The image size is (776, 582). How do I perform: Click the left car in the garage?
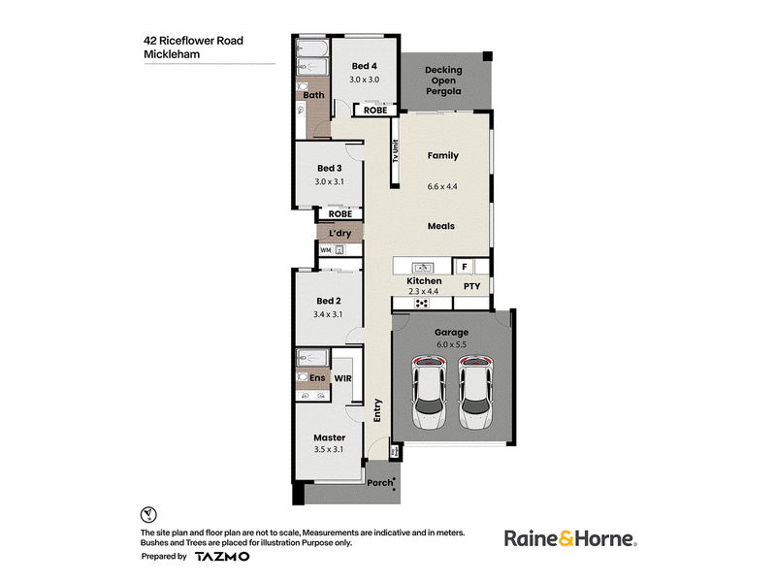429,393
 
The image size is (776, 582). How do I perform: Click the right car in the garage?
475,393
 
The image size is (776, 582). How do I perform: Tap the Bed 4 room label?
365,66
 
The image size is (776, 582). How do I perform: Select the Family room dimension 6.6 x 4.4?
442,186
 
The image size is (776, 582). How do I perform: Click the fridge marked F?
465,267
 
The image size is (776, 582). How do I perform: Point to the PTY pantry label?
471,286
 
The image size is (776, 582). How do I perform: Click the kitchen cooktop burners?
422,303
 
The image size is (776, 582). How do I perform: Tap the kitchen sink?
423,268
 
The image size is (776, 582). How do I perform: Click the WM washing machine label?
325,250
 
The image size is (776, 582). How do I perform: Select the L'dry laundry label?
340,233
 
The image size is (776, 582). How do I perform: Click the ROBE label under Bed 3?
340,213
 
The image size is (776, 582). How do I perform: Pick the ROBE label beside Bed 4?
375,111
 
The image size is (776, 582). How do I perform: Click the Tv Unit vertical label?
395,151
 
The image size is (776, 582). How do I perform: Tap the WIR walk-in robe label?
343,378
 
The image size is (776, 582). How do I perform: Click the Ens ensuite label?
317,377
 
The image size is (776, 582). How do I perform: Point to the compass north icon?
148,515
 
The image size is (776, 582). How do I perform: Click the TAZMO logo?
222,556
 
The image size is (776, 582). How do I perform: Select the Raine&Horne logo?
570,538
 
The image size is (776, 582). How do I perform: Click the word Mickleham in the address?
172,54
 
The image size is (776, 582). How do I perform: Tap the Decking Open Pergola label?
443,81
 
